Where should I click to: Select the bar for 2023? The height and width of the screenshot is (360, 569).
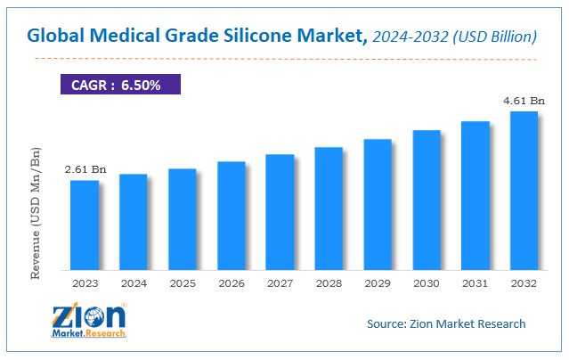pos(85,225)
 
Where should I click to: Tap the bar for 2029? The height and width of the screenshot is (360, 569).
pos(378,204)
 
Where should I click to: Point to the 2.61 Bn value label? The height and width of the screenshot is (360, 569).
pos(85,169)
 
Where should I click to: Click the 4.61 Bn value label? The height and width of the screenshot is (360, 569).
pos(523,101)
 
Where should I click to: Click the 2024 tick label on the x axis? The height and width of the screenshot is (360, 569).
pos(134,285)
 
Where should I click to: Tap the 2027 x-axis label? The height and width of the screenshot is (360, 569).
pos(280,285)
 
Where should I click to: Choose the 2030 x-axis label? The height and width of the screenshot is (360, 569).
pos(426,285)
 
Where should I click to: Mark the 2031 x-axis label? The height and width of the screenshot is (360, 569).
pos(475,285)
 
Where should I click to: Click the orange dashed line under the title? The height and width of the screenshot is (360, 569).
pos(285,59)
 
